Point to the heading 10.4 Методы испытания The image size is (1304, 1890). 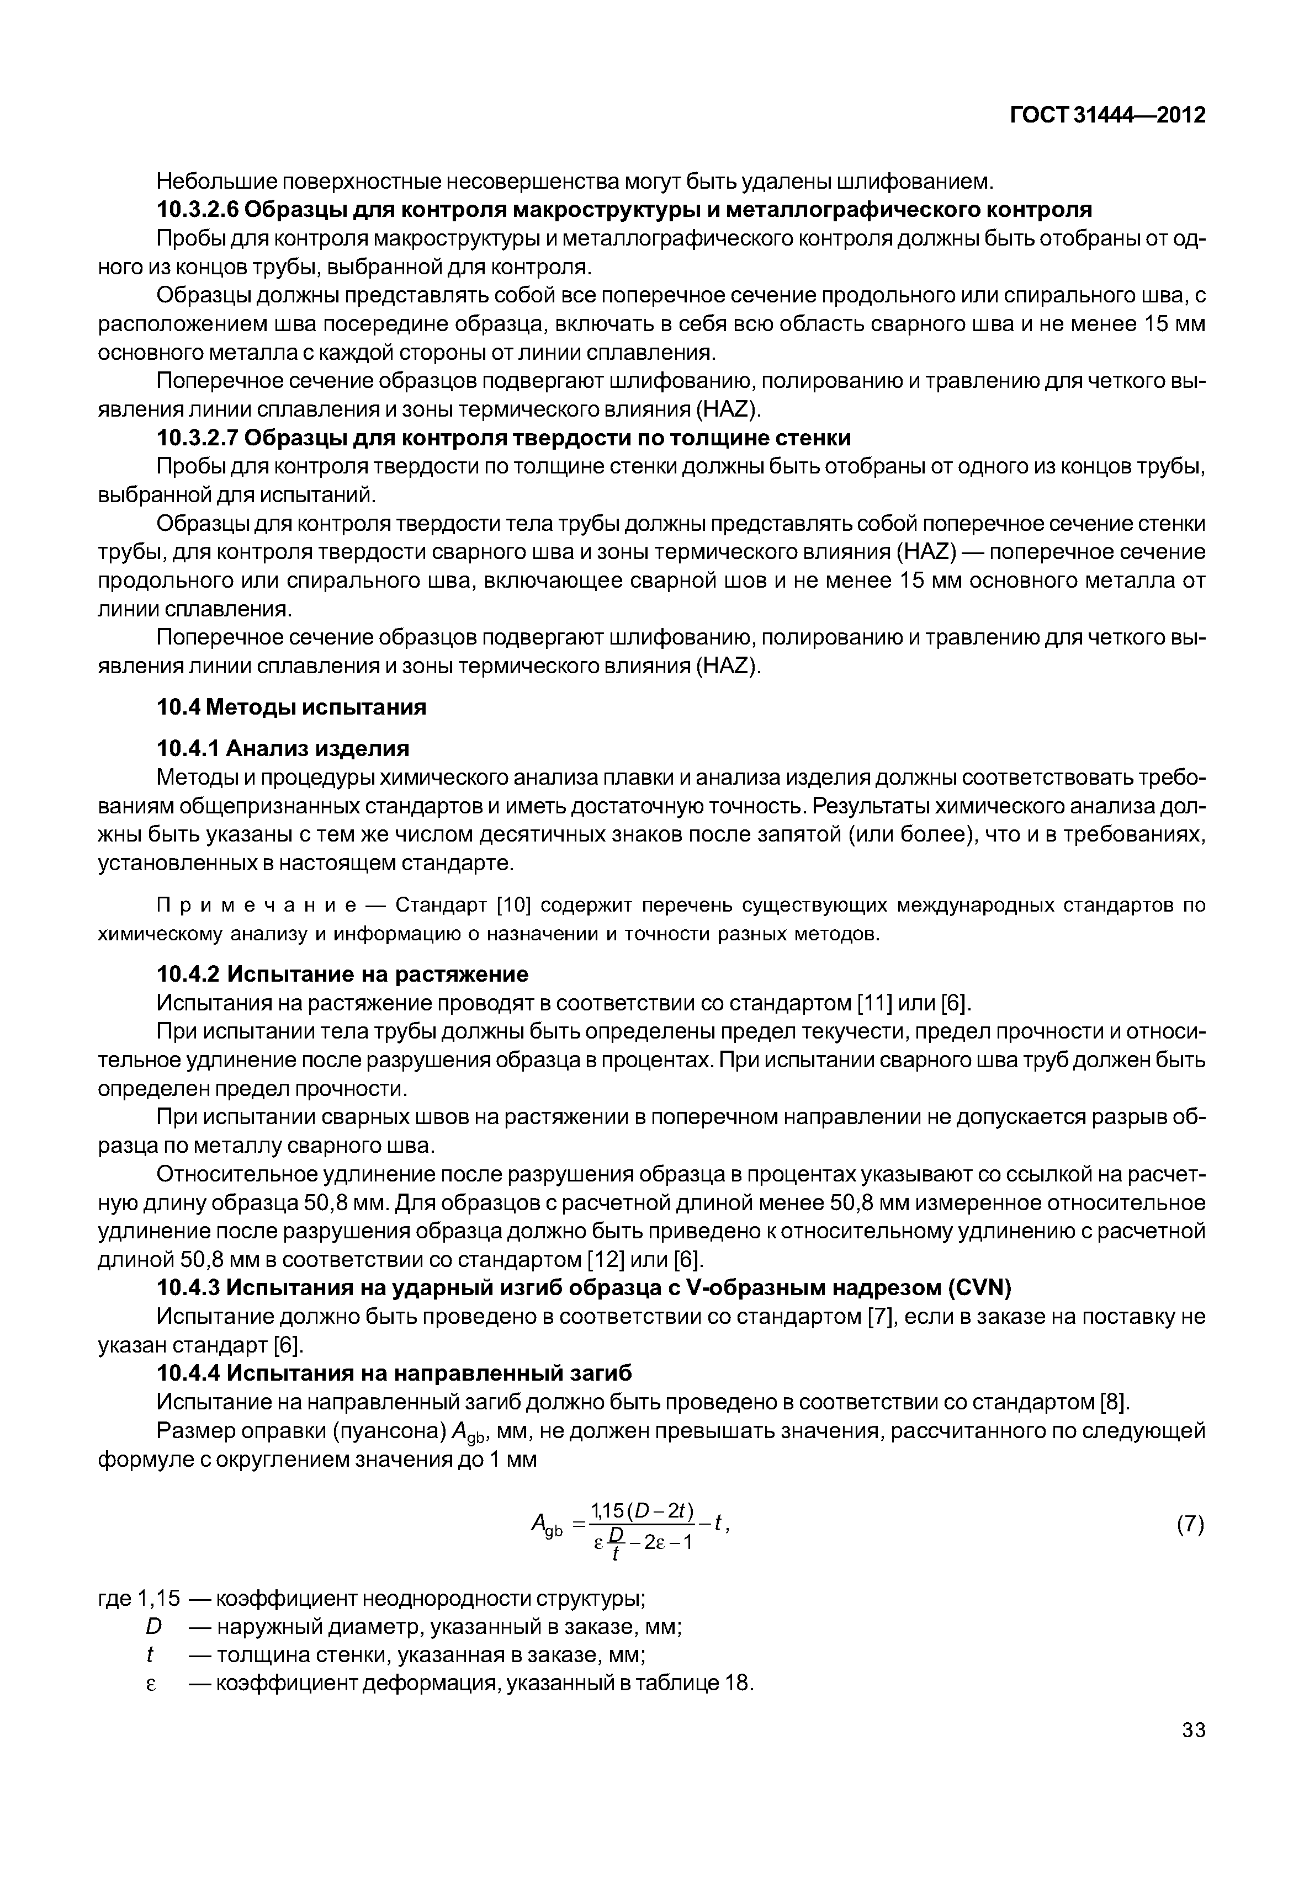click(291, 706)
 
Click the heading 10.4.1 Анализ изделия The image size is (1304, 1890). click(283, 748)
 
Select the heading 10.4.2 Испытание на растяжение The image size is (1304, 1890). click(342, 975)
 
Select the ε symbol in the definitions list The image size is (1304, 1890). click(150, 1684)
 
